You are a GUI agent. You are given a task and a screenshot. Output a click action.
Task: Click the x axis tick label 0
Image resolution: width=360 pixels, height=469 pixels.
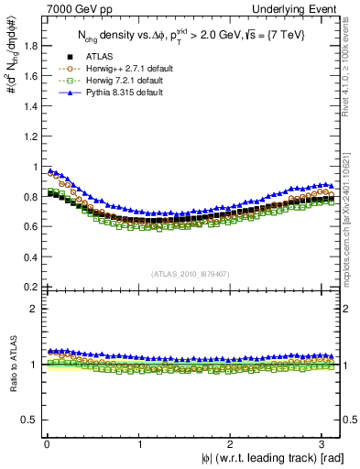click(x=47, y=444)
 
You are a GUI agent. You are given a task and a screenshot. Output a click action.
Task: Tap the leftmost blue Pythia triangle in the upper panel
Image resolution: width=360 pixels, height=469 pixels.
click(x=50, y=170)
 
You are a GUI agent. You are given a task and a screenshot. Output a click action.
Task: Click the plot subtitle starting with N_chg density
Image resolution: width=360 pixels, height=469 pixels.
click(x=191, y=35)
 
